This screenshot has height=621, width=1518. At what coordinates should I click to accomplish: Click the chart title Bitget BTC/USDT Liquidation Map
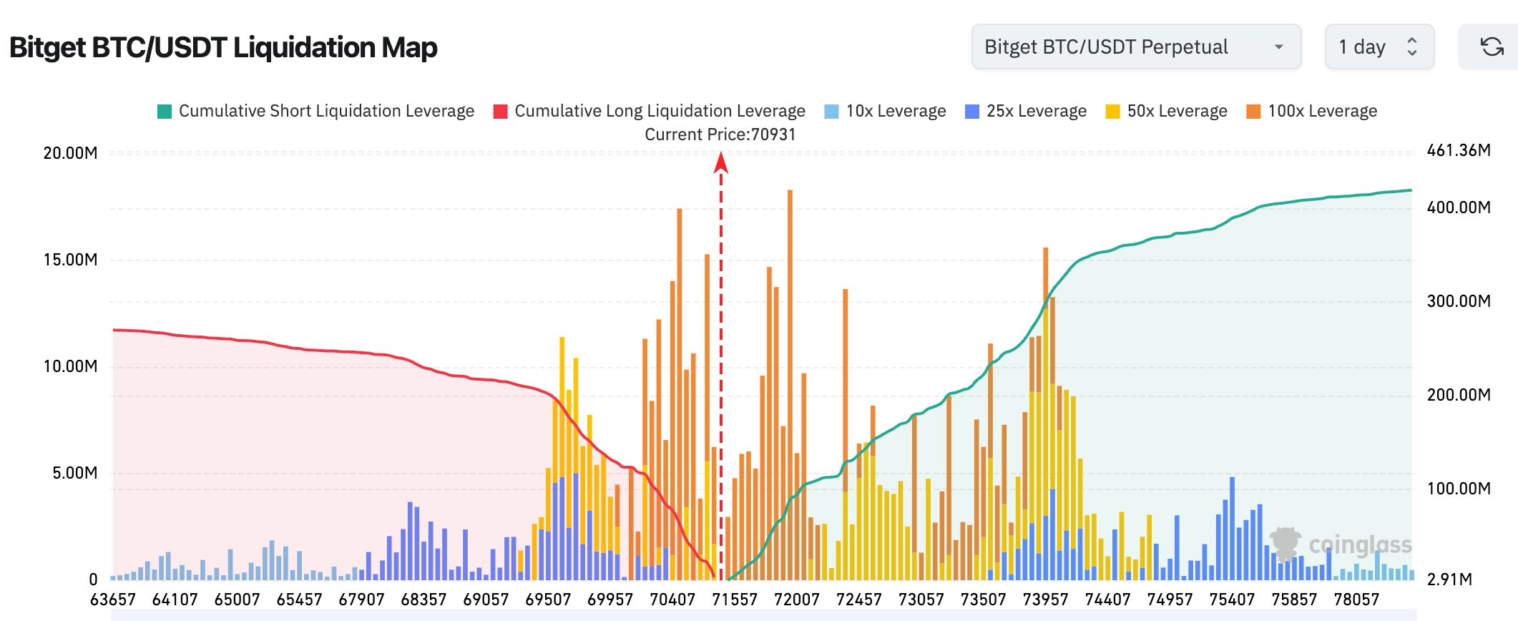pyautogui.click(x=223, y=48)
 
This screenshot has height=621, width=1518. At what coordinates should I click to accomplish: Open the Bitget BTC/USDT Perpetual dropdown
pyautogui.click(x=1135, y=47)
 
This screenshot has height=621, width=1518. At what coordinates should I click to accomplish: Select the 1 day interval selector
pyautogui.click(x=1379, y=47)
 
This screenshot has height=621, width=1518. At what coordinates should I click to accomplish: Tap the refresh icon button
pyautogui.click(x=1492, y=47)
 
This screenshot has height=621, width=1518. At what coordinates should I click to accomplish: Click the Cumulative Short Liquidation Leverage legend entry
pyautogui.click(x=315, y=111)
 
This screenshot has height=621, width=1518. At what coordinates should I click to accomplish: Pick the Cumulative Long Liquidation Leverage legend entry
pyautogui.click(x=649, y=111)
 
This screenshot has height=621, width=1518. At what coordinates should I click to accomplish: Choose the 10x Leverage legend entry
pyautogui.click(x=885, y=111)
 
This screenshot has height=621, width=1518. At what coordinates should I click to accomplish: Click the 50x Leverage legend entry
pyautogui.click(x=1166, y=111)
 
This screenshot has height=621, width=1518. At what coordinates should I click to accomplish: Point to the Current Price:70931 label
pyautogui.click(x=720, y=135)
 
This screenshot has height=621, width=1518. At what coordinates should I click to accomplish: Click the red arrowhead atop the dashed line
pyautogui.click(x=721, y=164)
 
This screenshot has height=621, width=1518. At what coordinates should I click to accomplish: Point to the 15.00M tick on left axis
pyautogui.click(x=70, y=260)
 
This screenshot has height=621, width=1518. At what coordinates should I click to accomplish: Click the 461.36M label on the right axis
pyautogui.click(x=1459, y=150)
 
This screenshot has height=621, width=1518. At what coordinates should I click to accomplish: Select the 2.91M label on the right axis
pyautogui.click(x=1449, y=580)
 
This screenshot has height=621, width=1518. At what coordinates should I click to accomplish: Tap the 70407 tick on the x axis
pyautogui.click(x=672, y=600)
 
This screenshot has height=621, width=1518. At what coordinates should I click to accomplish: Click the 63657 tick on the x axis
pyautogui.click(x=112, y=600)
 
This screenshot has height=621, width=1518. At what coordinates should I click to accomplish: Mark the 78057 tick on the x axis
pyautogui.click(x=1356, y=600)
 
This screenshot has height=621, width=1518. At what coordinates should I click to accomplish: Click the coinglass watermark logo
pyautogui.click(x=1340, y=544)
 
